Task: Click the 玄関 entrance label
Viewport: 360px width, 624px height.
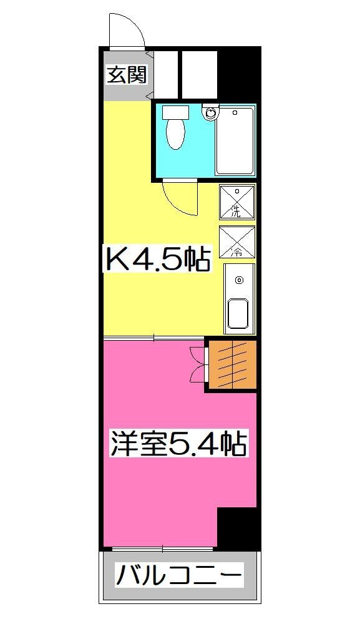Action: [x=127, y=75]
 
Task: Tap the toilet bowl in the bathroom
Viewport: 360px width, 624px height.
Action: [x=176, y=134]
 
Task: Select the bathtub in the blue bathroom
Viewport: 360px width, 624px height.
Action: [x=235, y=141]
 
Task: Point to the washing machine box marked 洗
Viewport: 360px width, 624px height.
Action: [x=236, y=202]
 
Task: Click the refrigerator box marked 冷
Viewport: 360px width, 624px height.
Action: [x=237, y=241]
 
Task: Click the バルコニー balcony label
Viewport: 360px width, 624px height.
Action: [x=178, y=574]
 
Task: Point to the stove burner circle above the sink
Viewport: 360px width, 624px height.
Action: [x=238, y=280]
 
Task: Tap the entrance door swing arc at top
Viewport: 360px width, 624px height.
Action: [x=127, y=29]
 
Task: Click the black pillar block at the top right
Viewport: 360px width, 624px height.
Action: [x=238, y=74]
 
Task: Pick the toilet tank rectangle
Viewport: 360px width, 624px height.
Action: [x=175, y=112]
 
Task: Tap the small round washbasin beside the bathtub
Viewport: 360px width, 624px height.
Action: [x=211, y=114]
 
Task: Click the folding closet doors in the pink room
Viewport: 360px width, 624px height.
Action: [x=198, y=364]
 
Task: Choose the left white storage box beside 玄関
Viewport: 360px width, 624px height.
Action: [x=165, y=74]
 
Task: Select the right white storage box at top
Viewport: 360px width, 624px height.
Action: [x=199, y=74]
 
